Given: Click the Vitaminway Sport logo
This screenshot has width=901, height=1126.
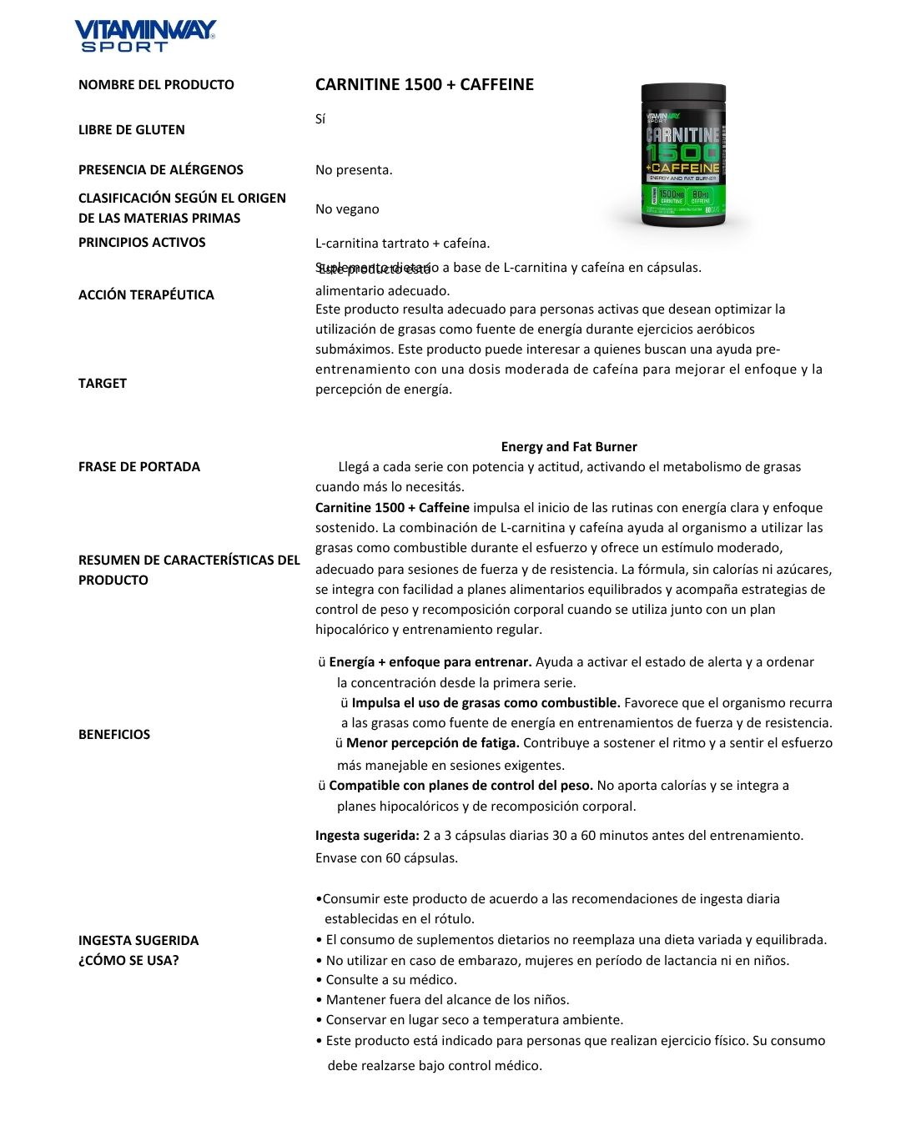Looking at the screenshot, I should point(145,36).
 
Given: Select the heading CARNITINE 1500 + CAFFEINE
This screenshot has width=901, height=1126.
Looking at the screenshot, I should point(424,84).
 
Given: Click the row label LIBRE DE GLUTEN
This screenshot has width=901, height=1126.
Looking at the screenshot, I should point(132,129).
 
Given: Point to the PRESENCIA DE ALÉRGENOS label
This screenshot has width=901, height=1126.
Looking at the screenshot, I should point(161,169).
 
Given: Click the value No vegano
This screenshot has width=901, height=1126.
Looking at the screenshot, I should point(347,209).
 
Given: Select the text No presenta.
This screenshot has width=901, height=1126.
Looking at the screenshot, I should point(354,170).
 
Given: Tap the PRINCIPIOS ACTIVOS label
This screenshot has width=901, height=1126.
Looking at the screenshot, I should point(142,242).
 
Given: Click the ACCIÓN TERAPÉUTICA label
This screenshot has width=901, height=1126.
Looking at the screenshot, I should point(146,294).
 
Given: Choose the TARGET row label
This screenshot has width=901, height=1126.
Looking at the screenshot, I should point(103,383).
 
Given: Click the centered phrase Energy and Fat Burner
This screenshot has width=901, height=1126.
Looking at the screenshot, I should point(569,447).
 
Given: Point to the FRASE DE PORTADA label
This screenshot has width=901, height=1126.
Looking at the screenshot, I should point(139,466).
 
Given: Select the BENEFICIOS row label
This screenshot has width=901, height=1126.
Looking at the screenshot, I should point(114,734).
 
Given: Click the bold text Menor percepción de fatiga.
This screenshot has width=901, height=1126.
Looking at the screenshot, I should point(433,743).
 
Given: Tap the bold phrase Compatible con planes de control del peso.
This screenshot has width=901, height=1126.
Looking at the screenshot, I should point(461,786).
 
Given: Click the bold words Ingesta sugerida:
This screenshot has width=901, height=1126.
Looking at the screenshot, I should point(367,836).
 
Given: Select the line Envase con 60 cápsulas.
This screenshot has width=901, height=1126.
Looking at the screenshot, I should point(386,858).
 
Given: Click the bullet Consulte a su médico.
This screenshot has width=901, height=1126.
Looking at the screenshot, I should point(390,980).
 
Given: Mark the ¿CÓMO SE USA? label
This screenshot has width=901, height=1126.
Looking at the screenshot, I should point(128,960).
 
